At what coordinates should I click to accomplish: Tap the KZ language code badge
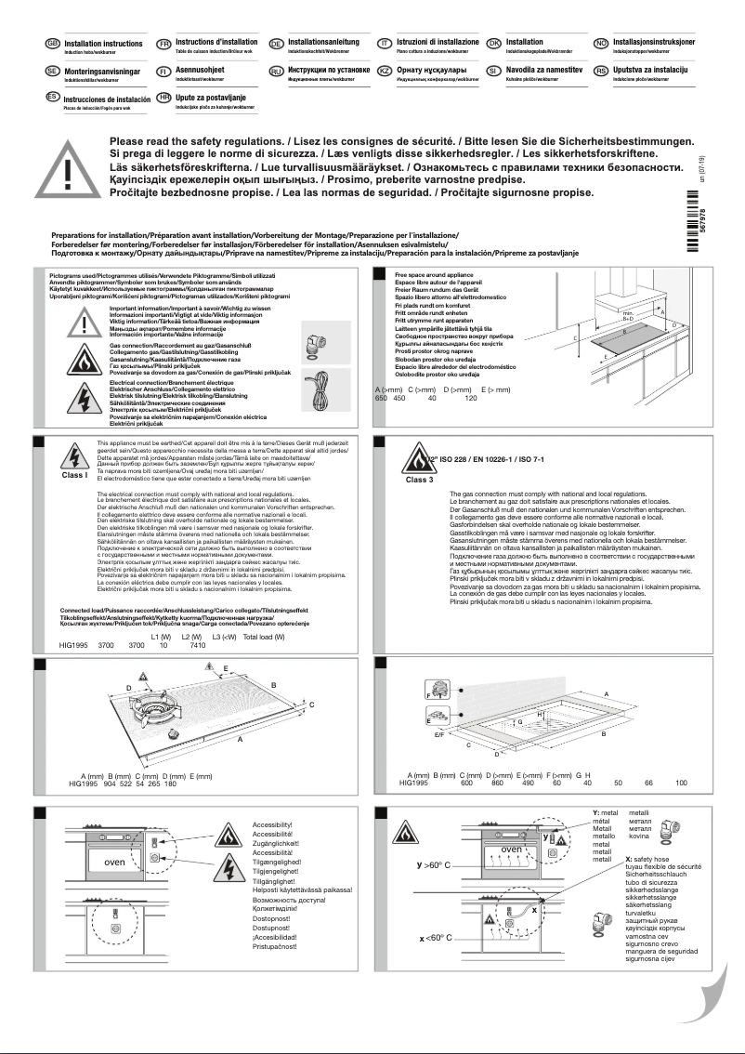coord(384,72)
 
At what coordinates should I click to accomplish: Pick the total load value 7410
coord(197,645)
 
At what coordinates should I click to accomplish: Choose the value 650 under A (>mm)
coord(381,397)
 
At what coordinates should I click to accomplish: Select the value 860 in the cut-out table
coord(497,784)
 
